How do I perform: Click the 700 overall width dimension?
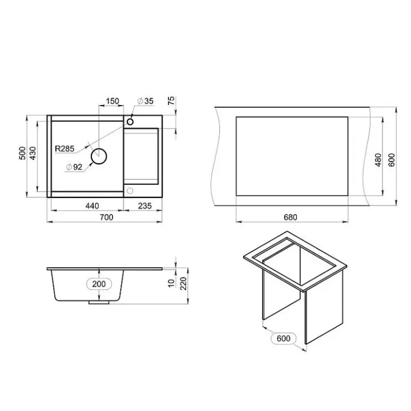point(107,217)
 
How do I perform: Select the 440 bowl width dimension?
point(92,205)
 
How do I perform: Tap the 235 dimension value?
point(144,205)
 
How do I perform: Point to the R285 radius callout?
point(65,148)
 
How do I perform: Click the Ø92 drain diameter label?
point(74,167)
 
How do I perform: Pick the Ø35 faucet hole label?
point(146,101)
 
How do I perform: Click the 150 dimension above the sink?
point(112,101)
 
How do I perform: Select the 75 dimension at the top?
point(171,100)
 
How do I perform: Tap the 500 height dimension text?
point(22,153)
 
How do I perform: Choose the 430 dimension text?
point(33,153)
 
